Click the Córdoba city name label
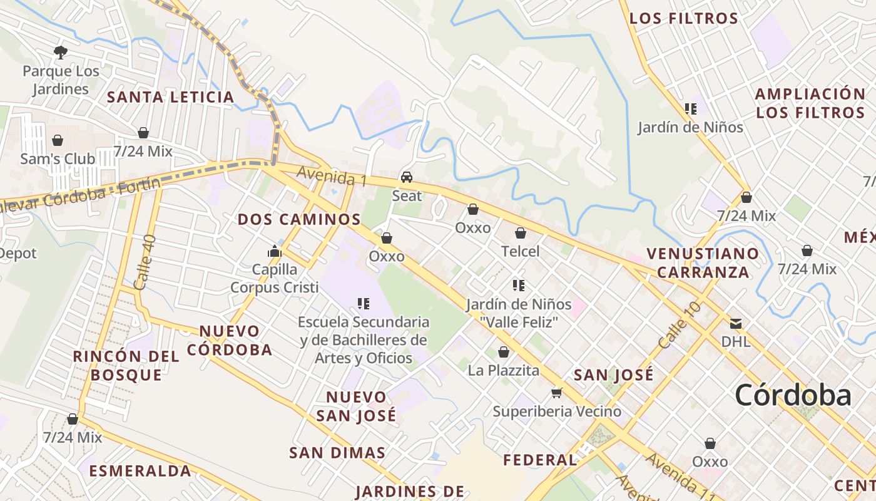coord(793,395)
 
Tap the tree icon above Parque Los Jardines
coord(61,52)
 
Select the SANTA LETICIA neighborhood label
coord(170,97)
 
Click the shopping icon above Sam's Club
coord(58,140)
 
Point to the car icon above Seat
coord(407,177)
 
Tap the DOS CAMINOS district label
coord(299,219)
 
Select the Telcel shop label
coord(520,251)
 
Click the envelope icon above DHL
coord(736,323)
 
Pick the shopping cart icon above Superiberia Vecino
coord(556,393)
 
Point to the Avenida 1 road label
coord(332,176)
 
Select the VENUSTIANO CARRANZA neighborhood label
coord(703,262)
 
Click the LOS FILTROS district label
coord(683,18)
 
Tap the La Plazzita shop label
coord(504,370)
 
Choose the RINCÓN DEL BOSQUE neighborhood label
coord(126,366)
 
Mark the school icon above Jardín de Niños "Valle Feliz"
coord(518,286)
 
